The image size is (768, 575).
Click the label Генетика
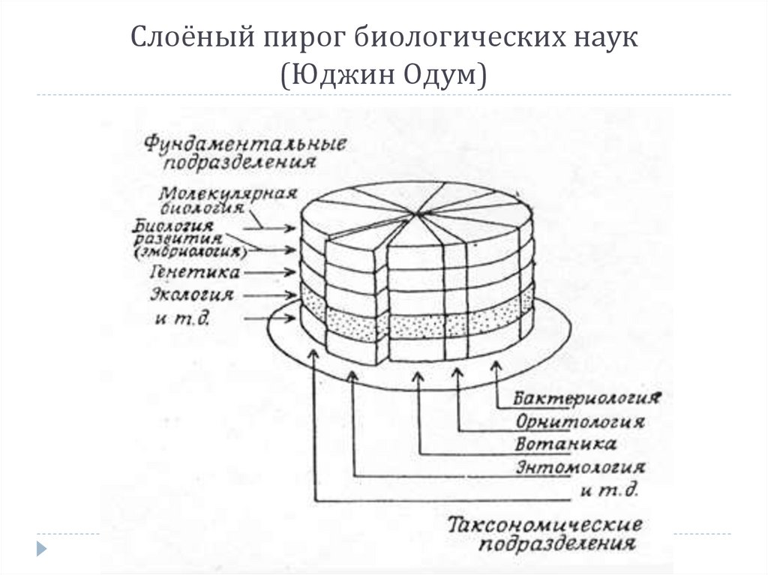point(196,271)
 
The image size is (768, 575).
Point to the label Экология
point(193,295)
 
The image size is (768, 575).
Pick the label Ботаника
point(567,444)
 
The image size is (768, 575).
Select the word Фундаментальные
point(244,142)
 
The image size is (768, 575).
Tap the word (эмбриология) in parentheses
point(194,250)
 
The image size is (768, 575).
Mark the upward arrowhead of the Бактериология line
point(496,366)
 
